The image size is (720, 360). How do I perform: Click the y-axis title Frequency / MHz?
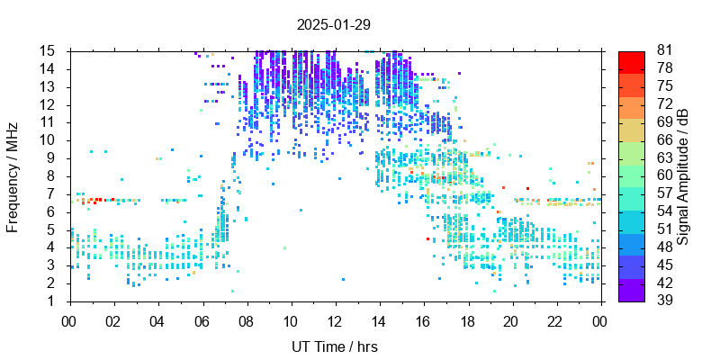click(13, 175)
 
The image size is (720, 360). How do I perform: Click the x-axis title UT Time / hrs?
click(334, 346)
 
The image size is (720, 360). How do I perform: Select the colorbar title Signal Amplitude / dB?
click(683, 175)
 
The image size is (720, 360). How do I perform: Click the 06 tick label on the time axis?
click(202, 319)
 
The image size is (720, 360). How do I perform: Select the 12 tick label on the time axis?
click(335, 319)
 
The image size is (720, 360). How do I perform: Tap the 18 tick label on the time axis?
click(467, 319)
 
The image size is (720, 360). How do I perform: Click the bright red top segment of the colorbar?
click(632, 61)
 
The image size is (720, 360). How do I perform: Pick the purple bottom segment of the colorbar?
click(632, 290)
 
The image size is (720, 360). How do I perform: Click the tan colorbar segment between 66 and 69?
click(632, 130)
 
